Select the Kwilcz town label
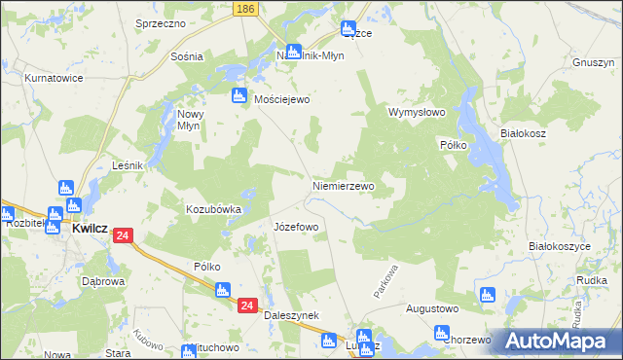pos(89,233)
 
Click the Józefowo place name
pos(296,227)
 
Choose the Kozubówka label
pos(213,209)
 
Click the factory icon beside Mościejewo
pos(238,95)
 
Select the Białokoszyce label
pos(560,247)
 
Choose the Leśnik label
pos(128,165)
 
